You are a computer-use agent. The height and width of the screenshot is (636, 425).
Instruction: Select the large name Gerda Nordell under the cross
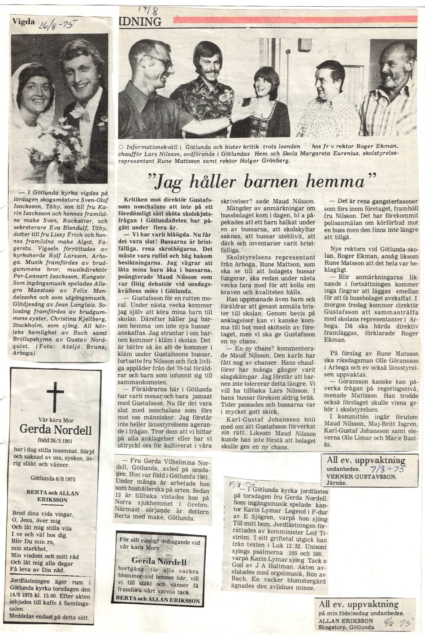point(56,430)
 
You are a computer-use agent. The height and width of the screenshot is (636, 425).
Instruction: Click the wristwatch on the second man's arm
point(230,119)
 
